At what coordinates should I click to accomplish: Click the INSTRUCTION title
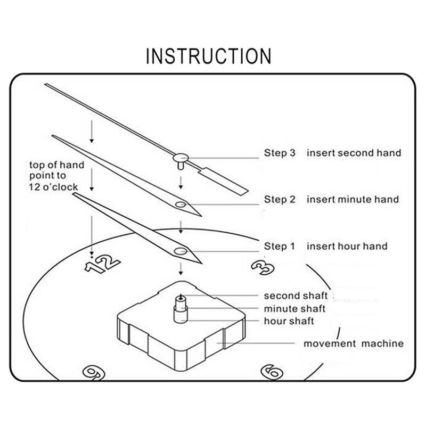click(208, 56)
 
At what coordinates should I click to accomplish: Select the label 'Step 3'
click(279, 153)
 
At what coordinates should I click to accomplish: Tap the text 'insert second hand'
click(354, 153)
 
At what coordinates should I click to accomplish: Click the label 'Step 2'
click(279, 200)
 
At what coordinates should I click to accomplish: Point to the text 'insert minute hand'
click(353, 200)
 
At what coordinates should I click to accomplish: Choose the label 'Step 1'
click(279, 247)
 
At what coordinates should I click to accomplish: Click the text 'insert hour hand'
click(347, 247)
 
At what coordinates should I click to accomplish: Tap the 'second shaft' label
click(296, 296)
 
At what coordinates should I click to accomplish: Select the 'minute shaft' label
click(294, 309)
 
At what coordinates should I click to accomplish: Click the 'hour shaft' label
click(289, 321)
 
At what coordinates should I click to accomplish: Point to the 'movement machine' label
click(354, 343)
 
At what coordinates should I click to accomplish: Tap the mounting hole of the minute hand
click(181, 204)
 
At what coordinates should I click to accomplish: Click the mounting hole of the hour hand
click(180, 251)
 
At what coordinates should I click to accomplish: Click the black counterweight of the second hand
click(226, 181)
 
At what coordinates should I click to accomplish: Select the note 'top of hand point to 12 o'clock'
click(56, 176)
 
